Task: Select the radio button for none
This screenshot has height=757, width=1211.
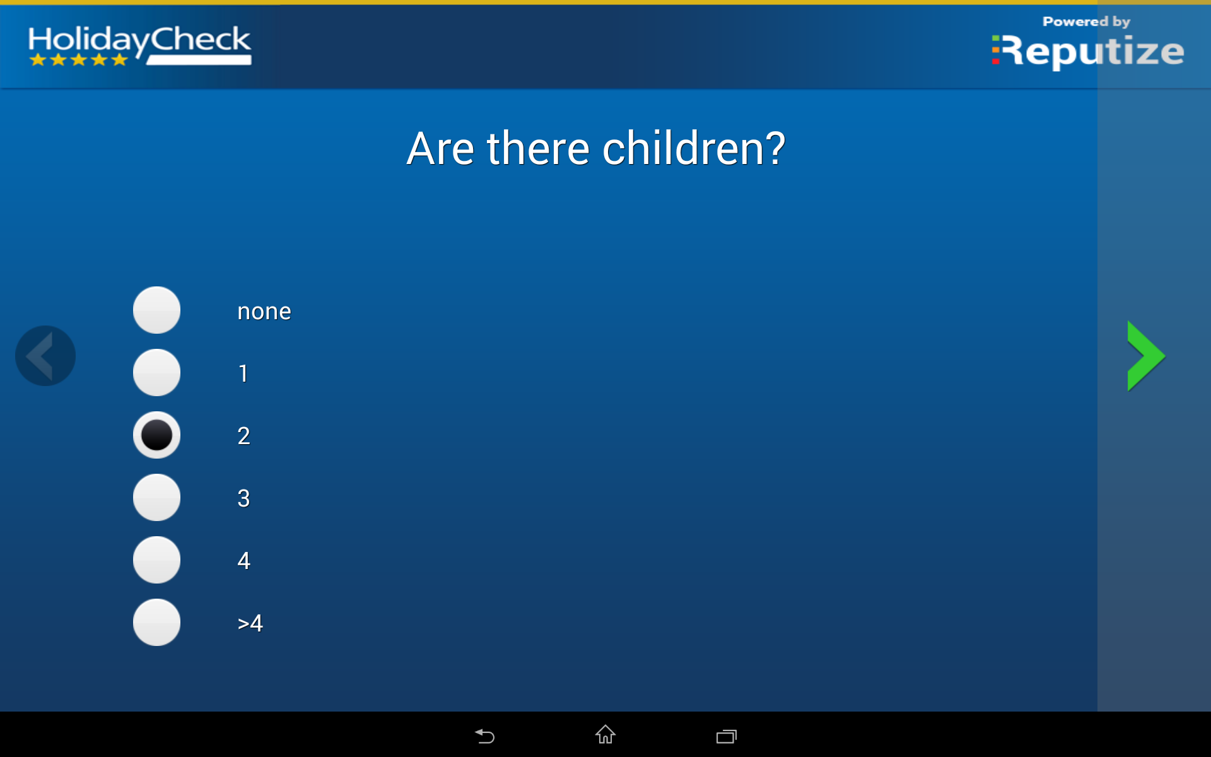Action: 156,310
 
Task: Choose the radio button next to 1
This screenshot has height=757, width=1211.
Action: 156,372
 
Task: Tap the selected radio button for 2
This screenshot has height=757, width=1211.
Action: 156,435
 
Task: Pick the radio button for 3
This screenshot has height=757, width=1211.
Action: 156,497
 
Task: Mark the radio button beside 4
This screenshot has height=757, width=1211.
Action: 156,560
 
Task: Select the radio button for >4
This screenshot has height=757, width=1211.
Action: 156,622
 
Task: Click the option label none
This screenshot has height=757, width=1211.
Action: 264,312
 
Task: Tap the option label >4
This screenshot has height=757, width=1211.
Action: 250,623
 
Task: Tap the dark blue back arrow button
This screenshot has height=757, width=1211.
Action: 45,356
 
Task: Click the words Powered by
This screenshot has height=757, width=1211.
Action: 1086,22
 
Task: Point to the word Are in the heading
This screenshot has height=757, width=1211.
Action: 440,149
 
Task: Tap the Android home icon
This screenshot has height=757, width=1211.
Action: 605,734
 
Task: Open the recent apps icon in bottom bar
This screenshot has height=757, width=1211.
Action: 727,736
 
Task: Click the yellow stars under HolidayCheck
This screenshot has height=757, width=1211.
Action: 79,60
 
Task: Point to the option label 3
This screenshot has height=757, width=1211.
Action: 243,498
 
